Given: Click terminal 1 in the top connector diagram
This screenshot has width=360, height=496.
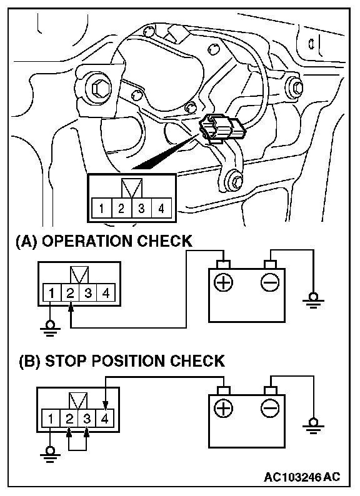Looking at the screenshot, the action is pyautogui.click(x=101, y=208).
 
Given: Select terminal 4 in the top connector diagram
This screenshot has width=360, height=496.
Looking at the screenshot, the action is pyautogui.click(x=161, y=208).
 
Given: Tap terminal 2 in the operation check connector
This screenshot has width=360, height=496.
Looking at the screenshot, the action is pyautogui.click(x=70, y=292).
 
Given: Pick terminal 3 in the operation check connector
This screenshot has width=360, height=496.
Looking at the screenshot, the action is pyautogui.click(x=88, y=292).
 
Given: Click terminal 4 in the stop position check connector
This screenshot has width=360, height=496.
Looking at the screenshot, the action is pyautogui.click(x=105, y=418).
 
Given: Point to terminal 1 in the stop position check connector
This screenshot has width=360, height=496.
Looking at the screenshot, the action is pyautogui.click(x=51, y=418).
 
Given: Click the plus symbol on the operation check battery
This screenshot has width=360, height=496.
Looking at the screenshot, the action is pyautogui.click(x=224, y=282).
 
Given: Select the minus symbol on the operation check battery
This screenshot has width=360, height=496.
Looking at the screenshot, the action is pyautogui.click(x=270, y=282).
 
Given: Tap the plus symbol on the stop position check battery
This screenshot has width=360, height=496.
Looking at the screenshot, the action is pyautogui.click(x=224, y=408).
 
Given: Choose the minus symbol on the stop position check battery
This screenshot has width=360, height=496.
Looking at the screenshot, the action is pyautogui.click(x=270, y=408).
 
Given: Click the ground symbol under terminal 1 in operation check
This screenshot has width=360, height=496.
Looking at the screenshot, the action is pyautogui.click(x=50, y=329).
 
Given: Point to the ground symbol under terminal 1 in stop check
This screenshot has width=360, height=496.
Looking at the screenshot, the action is pyautogui.click(x=50, y=455).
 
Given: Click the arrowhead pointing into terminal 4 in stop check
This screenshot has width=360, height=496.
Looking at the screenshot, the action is pyautogui.click(x=106, y=405).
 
